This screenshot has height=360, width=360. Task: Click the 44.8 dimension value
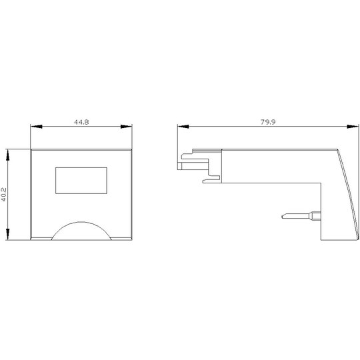pos(81,122)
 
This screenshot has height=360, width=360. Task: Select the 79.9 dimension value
pos(268,122)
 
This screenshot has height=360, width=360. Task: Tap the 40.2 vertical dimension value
pos(4,195)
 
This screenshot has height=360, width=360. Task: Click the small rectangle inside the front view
pos(81,181)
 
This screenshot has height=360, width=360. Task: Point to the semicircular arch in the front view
pos(81,222)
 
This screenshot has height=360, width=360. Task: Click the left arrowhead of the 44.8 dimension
pos(36,127)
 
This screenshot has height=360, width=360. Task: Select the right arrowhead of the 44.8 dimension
pos(126,127)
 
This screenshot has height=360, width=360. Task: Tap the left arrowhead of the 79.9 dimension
pos(183,127)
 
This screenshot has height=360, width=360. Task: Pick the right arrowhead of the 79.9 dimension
pos(353,127)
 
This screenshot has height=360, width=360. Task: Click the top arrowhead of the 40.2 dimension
pos(8,155)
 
